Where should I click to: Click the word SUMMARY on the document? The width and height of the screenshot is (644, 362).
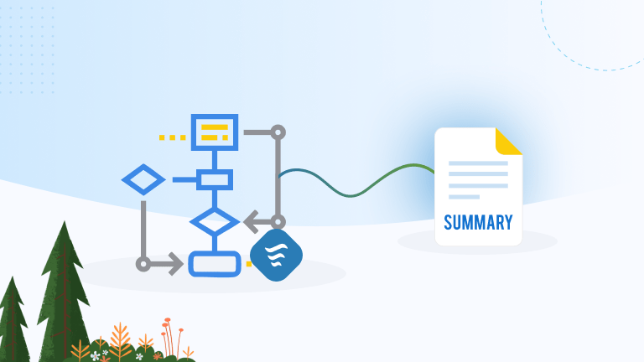(x=478, y=223)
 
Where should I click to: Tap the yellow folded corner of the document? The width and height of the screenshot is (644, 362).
(x=508, y=142)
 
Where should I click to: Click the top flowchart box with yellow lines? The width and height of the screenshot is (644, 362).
(x=215, y=132)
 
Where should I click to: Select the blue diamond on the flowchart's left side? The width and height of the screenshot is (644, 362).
(x=143, y=179)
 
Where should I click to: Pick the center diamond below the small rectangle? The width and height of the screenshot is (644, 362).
(x=215, y=222)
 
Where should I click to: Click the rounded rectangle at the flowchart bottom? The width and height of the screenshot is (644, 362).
(x=215, y=263)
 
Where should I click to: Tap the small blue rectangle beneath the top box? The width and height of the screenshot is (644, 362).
(x=215, y=179)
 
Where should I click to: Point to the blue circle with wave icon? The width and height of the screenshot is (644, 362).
(x=276, y=255)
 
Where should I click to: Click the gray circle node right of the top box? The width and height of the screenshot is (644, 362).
(x=278, y=132)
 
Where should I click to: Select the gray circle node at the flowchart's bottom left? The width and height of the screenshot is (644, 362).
(x=143, y=264)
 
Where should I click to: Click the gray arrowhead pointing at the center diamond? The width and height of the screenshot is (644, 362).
(x=252, y=223)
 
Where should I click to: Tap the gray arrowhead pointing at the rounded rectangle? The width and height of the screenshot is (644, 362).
(x=176, y=264)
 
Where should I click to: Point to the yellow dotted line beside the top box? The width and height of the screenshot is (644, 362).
(x=172, y=137)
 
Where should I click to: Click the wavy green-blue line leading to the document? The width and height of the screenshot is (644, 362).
(x=352, y=186)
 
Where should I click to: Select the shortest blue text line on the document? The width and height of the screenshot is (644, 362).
(x=464, y=197)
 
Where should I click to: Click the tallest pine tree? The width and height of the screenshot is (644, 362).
(x=62, y=285)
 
